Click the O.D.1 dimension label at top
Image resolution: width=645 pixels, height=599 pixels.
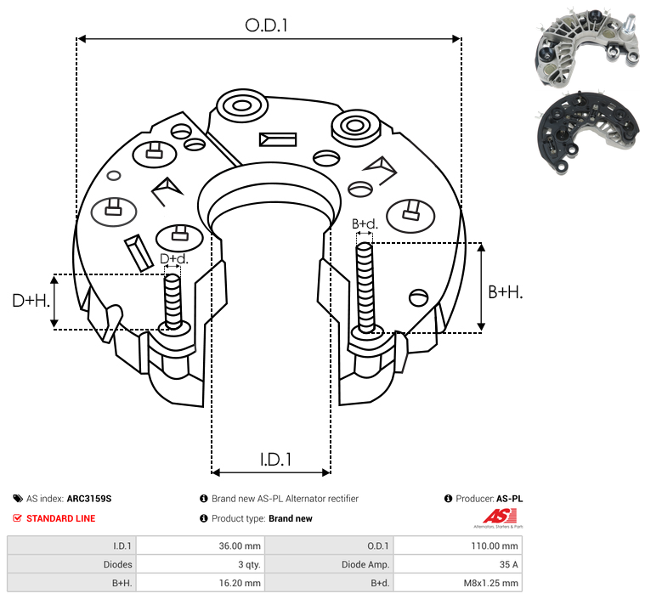266,25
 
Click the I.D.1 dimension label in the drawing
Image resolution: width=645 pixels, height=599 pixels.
275,460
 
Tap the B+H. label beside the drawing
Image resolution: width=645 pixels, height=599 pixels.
505,292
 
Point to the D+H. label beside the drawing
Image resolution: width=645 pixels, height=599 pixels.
31,301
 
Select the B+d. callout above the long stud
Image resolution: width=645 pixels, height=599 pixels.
365,223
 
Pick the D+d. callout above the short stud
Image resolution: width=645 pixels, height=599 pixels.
174,259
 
